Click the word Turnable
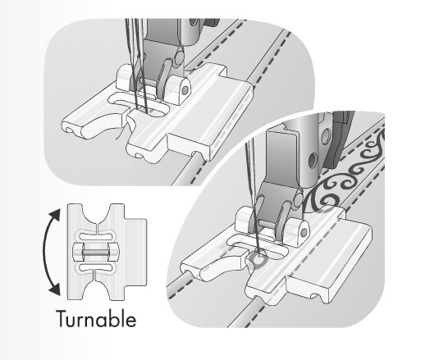(96, 318)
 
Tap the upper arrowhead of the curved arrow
(56, 215)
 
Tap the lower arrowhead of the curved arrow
(55, 289)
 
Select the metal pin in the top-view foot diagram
(96, 252)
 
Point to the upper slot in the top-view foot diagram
(96, 235)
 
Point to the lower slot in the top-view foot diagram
(96, 267)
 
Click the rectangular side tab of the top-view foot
(135, 252)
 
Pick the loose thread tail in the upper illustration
(122, 132)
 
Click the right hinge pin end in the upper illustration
(185, 89)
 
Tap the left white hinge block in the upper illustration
(124, 77)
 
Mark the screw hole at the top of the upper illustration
(194, 22)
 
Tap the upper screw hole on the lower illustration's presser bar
(326, 134)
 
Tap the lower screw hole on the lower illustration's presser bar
(313, 160)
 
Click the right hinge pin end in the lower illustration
(304, 233)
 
